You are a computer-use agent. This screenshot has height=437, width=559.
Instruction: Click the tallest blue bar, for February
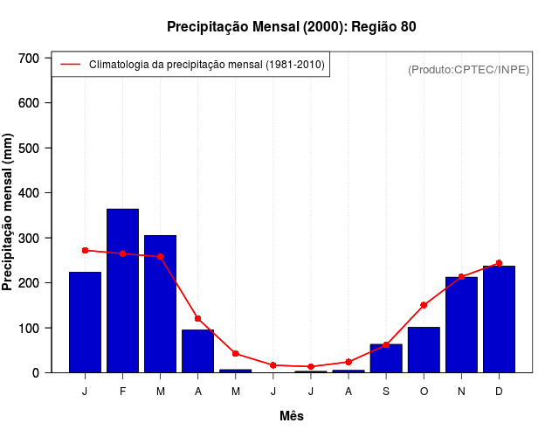point(122,291)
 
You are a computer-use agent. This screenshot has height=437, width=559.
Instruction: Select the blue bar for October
point(424,350)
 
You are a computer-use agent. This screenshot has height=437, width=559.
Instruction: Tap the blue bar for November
point(461,324)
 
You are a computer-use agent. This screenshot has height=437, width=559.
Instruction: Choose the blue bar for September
point(386,358)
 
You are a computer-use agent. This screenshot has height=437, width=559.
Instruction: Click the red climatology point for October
point(424,305)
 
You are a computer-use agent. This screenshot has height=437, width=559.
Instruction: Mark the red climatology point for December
point(499,263)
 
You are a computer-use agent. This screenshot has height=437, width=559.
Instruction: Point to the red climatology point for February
point(122,253)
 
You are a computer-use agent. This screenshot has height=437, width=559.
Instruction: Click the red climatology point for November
point(461,277)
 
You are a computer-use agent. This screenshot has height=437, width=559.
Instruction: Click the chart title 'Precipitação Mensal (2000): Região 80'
point(291,27)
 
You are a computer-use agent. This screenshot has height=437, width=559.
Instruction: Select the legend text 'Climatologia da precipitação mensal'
point(206,65)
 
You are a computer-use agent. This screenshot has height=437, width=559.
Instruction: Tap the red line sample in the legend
point(70,65)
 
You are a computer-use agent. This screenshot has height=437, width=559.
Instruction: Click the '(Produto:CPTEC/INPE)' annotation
point(468,69)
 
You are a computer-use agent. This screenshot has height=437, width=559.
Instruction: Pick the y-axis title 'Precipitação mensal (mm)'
point(9,212)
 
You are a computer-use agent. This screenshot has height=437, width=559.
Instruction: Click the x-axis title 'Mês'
point(291,416)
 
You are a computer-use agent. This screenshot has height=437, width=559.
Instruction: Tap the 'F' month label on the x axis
point(122,392)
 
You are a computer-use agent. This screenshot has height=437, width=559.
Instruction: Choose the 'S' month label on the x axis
point(386,392)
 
